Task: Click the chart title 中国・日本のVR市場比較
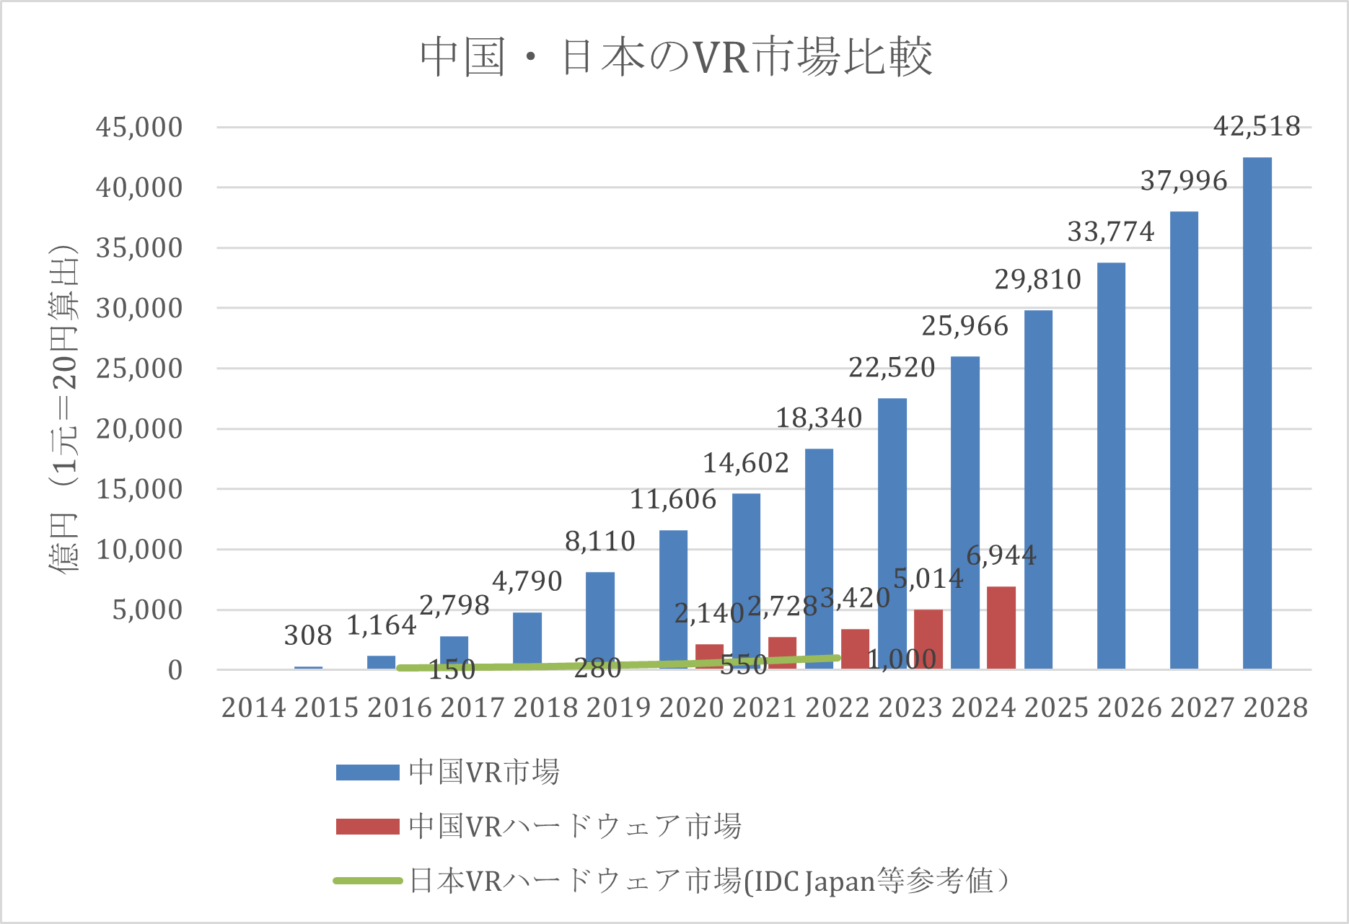tap(676, 58)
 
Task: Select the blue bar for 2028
tap(1257, 413)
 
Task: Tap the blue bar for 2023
tap(892, 534)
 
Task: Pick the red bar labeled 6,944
tap(1001, 628)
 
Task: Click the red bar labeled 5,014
tap(928, 639)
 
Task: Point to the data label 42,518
tap(1257, 126)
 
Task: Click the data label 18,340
tap(819, 418)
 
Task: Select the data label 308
tap(308, 635)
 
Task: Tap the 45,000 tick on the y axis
tap(139, 127)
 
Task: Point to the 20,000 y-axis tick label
tap(139, 428)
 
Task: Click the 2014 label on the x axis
tap(253, 708)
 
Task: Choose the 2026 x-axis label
tap(1129, 708)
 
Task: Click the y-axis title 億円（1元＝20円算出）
tap(63, 408)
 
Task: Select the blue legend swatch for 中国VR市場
tap(367, 773)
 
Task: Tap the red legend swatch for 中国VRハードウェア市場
tap(367, 827)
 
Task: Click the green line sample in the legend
tap(367, 881)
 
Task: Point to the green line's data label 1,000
tap(902, 659)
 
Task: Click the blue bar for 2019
tap(599, 620)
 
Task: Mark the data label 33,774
tap(1110, 232)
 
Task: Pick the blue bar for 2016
tap(381, 662)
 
